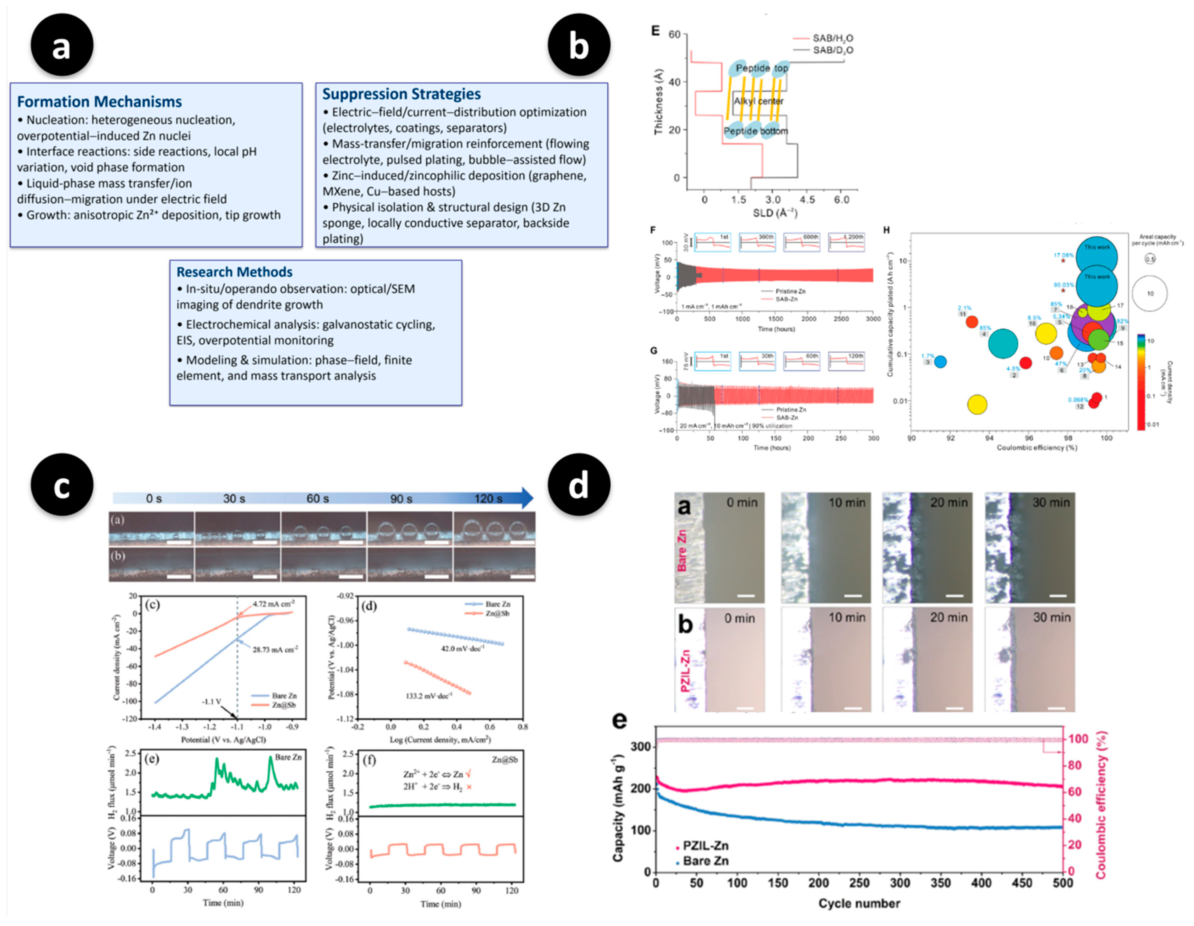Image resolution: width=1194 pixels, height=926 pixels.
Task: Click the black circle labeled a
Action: coord(62,45)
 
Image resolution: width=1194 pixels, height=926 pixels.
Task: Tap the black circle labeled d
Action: coord(579,484)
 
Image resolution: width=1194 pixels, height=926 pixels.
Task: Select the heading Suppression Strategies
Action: coord(401,94)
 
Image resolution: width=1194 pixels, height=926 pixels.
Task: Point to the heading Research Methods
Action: coord(234,272)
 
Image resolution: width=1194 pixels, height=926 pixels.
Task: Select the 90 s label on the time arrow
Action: coord(401,499)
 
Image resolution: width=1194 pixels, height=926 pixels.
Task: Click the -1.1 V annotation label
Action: coord(211,701)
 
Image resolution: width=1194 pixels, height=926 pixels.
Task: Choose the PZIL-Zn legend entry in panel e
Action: coord(705,846)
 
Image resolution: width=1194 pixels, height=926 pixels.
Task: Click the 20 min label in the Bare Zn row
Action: coord(948,503)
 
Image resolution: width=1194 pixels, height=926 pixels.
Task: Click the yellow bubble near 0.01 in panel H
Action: coord(977,405)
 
